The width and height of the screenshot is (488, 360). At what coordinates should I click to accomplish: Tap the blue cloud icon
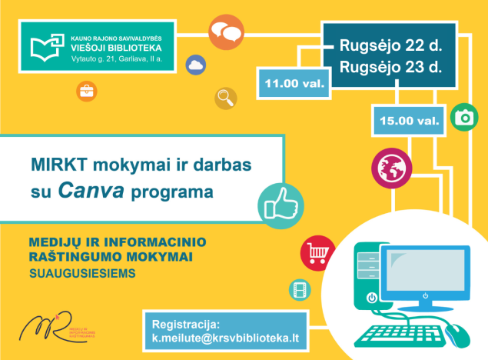coord(195,65)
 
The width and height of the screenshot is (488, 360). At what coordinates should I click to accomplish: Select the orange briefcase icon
coord(87,91)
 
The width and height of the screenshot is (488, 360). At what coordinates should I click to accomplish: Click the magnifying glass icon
coord(226,98)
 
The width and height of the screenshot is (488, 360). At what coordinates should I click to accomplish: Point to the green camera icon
coord(464,117)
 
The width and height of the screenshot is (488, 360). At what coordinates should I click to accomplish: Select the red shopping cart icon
coord(316,252)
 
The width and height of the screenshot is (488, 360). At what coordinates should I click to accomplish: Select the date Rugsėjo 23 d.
coord(390,67)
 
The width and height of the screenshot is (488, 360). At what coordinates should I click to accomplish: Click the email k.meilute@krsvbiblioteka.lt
coord(224,338)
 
